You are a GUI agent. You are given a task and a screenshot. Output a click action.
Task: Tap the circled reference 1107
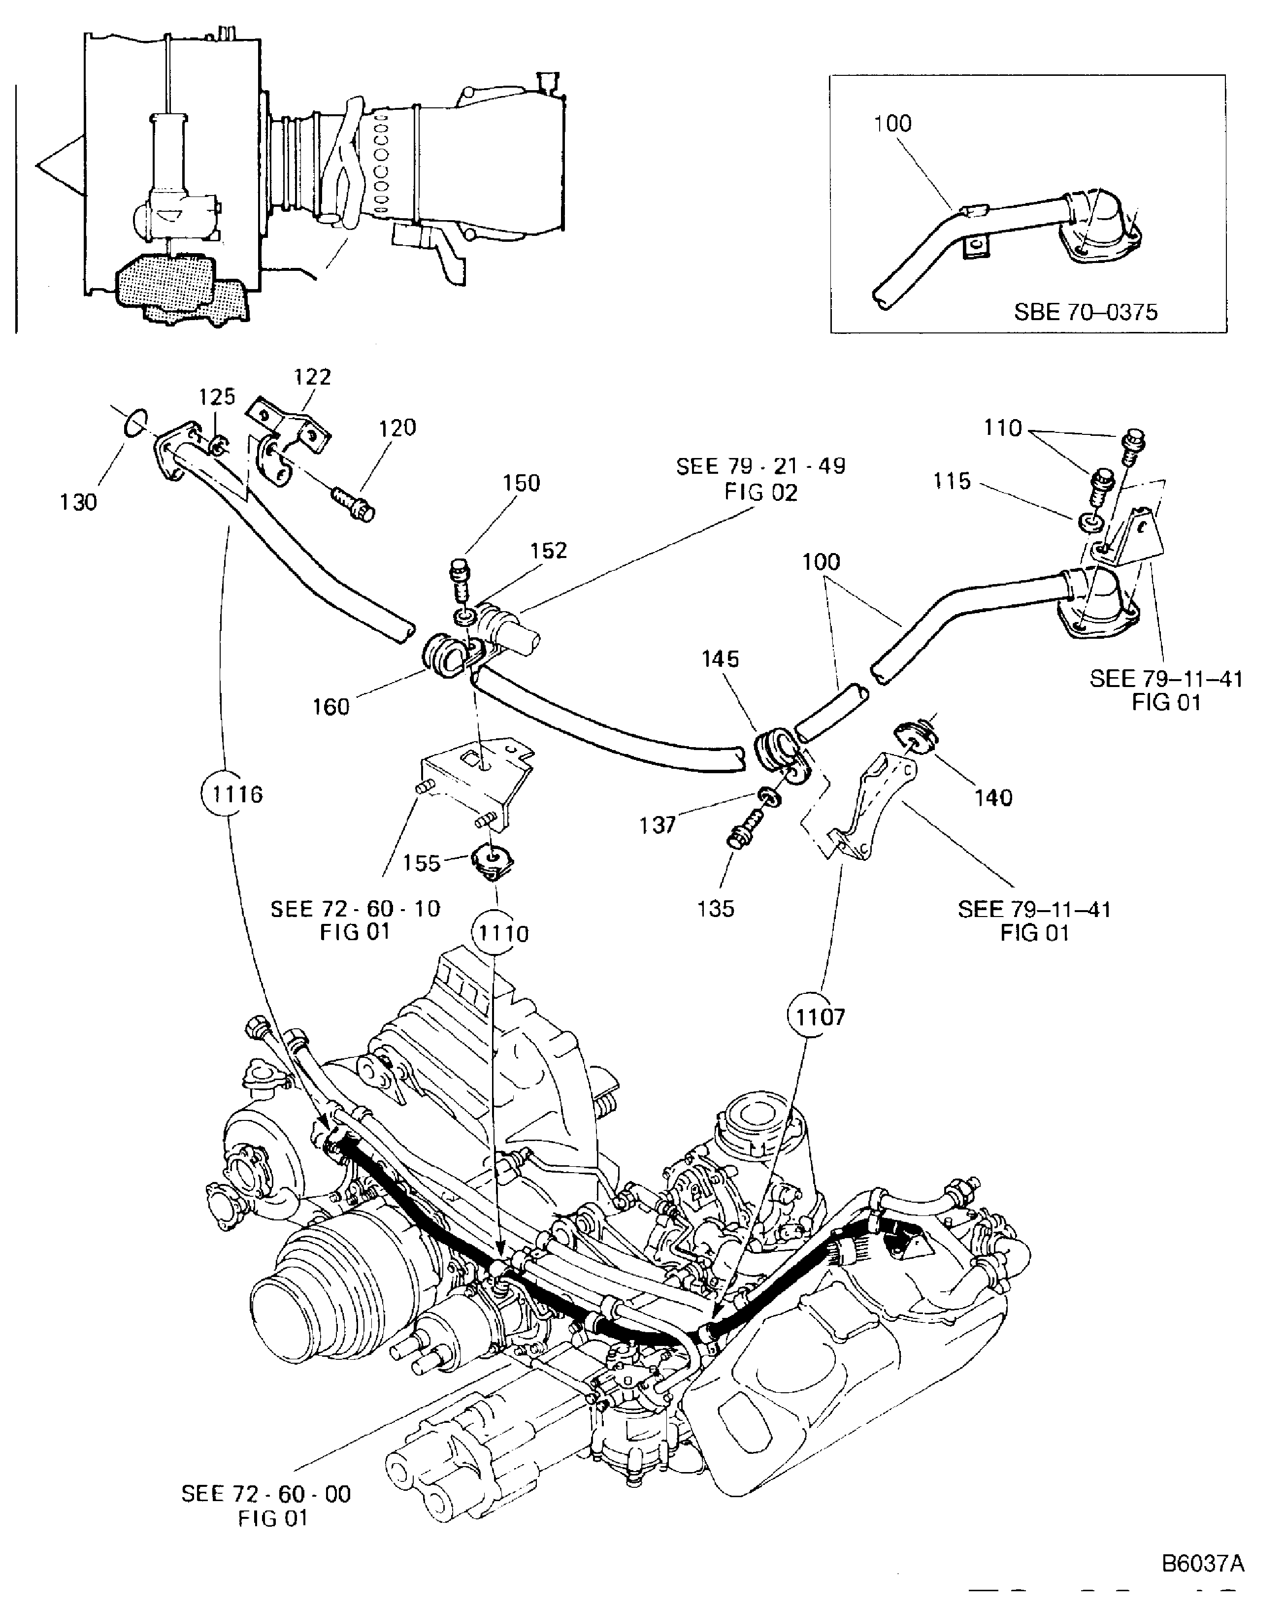[819, 1017]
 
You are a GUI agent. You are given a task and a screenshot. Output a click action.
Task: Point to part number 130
[78, 502]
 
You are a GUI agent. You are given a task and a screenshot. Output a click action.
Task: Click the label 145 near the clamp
[720, 659]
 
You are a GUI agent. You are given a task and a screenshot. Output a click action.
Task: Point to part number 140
[993, 797]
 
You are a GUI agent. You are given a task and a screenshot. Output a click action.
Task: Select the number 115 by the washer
[952, 481]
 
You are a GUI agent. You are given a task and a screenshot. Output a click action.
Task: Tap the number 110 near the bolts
[1002, 428]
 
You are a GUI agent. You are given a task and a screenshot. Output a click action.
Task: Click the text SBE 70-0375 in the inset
[1085, 312]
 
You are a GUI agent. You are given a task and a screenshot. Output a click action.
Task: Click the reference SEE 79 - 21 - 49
[760, 466]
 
